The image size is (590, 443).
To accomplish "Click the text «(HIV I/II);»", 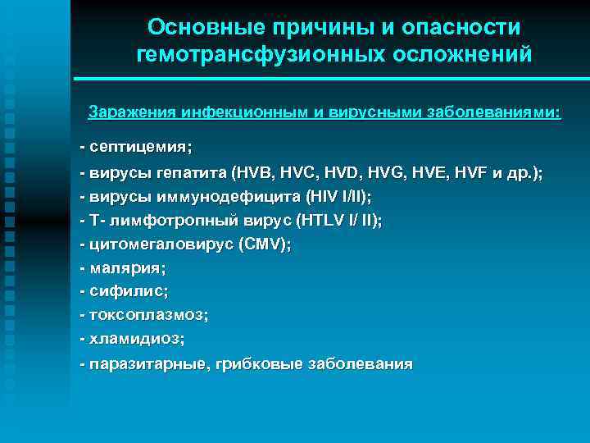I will [x=337, y=197].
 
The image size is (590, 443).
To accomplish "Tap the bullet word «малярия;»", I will [x=127, y=268].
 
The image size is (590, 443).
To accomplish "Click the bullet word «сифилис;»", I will [x=129, y=291].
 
